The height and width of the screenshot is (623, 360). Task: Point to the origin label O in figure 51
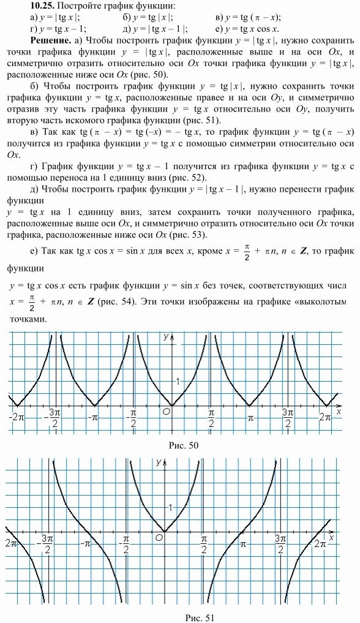(159, 537)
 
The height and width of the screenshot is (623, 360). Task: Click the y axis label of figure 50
(165, 336)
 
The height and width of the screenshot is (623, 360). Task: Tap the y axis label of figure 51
(159, 461)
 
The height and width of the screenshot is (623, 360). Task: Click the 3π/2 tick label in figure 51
(280, 543)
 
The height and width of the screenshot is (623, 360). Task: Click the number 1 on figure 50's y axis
(178, 382)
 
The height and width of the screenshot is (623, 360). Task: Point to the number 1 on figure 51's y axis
(171, 507)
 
